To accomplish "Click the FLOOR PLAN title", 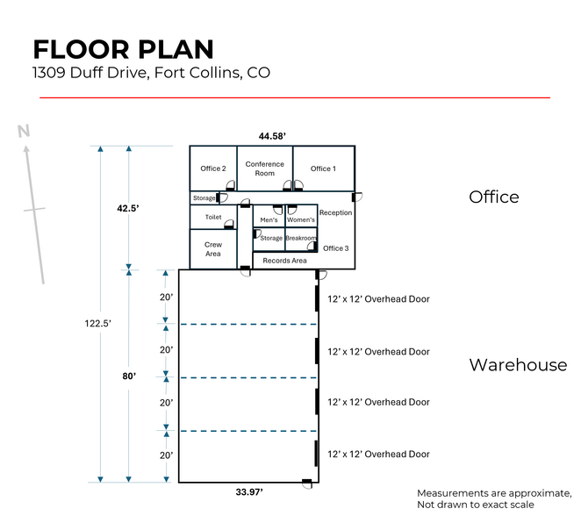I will pyautogui.click(x=123, y=49).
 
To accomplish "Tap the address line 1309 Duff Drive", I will pyautogui.click(x=151, y=73).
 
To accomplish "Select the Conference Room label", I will pyautogui.click(x=264, y=168).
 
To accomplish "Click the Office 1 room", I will pyautogui.click(x=323, y=168).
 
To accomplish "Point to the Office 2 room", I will pyautogui.click(x=212, y=168).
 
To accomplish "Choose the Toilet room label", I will pyautogui.click(x=213, y=217).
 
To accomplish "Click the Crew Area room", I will pyautogui.click(x=213, y=249).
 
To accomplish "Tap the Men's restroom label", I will pyautogui.click(x=269, y=219).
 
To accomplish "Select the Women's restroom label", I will pyautogui.click(x=301, y=219).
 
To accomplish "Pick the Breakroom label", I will pyautogui.click(x=301, y=238).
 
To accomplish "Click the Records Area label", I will pyautogui.click(x=285, y=261).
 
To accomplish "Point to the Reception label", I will pyautogui.click(x=335, y=212).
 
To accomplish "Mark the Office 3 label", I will pyautogui.click(x=335, y=248).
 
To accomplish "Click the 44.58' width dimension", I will pyautogui.click(x=273, y=136).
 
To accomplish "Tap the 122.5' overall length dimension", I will pyautogui.click(x=98, y=324).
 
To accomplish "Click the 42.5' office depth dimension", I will pyautogui.click(x=129, y=209).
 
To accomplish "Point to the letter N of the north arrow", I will pyautogui.click(x=25, y=133).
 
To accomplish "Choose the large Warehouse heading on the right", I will pyautogui.click(x=518, y=365).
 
